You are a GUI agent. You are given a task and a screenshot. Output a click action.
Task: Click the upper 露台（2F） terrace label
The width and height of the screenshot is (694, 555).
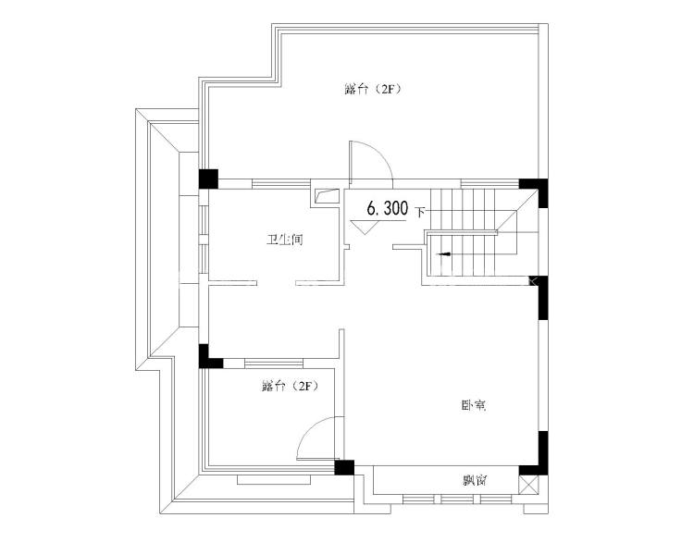[373, 90]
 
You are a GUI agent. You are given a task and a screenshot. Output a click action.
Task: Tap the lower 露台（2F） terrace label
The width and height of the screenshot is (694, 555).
[290, 387]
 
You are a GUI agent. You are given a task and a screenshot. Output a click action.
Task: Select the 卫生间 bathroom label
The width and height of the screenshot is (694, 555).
[284, 240]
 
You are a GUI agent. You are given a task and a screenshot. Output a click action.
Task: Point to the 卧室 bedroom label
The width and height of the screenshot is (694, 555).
[474, 405]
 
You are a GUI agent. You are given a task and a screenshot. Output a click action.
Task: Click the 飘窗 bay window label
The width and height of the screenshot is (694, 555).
[476, 480]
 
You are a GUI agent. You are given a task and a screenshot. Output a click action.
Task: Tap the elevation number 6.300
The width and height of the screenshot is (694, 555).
[388, 208]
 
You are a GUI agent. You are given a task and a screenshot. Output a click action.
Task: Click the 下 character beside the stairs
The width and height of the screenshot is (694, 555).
[420, 213]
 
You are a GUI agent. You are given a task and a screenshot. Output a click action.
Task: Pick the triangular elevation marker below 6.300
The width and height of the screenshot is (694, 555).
[365, 227]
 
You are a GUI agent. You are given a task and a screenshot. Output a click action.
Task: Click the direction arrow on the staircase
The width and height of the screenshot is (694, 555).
[443, 254]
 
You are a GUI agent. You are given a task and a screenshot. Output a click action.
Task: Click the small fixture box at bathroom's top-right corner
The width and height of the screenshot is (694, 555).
[327, 195]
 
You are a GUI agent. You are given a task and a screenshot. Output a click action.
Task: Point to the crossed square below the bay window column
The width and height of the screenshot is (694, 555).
[529, 485]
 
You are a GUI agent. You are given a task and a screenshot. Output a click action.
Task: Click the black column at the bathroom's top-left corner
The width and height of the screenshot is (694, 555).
[208, 179]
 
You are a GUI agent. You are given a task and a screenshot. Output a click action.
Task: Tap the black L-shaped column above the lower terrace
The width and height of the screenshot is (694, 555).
[209, 358]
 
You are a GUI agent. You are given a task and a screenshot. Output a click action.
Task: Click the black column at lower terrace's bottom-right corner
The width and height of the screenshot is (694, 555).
[344, 468]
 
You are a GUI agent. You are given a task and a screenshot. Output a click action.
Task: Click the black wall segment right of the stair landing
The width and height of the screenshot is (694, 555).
[542, 298]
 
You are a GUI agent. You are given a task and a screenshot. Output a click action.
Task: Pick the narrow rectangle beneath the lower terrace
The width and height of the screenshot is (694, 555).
[275, 480]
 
